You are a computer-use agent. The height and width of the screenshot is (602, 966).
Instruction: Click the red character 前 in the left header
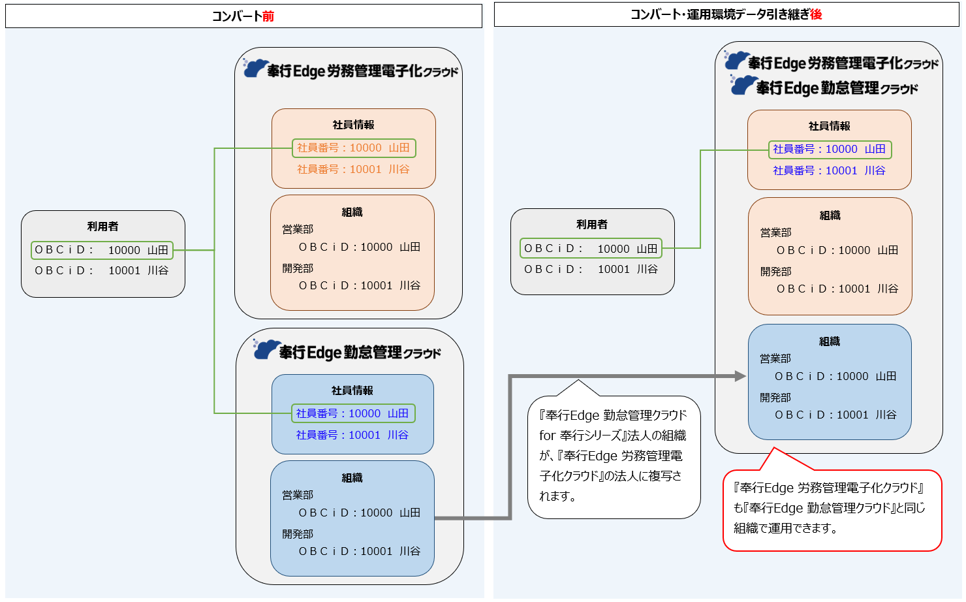(x=268, y=16)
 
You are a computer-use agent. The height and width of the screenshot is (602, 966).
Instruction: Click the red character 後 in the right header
(x=816, y=14)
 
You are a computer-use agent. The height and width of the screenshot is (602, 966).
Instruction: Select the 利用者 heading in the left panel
(x=103, y=227)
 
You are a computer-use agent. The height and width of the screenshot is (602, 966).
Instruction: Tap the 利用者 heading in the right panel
(x=592, y=225)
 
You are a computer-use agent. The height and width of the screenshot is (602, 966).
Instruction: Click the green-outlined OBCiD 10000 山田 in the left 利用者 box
(x=102, y=250)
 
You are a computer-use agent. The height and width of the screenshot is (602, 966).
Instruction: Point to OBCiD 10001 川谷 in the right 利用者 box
(x=591, y=269)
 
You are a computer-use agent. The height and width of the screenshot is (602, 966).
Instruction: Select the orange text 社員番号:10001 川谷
(x=353, y=169)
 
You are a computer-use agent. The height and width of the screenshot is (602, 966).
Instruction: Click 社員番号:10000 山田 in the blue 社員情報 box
(x=352, y=413)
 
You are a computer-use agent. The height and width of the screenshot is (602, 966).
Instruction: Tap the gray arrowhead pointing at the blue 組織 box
(x=740, y=376)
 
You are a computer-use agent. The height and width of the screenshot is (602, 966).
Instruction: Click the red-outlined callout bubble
(x=832, y=509)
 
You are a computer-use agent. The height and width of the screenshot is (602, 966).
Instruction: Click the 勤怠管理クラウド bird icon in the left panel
(x=266, y=349)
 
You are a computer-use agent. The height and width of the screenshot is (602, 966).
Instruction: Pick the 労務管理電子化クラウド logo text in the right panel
(x=843, y=63)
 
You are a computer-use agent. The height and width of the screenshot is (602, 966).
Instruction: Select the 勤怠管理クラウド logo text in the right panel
(x=837, y=88)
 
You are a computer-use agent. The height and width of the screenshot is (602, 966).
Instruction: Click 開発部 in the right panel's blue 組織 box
(x=775, y=397)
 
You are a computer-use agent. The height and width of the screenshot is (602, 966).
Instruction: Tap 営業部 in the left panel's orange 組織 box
(x=298, y=229)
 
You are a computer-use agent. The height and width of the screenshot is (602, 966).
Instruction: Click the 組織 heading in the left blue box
(x=352, y=478)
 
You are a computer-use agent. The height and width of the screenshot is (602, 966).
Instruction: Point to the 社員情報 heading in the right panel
(x=829, y=126)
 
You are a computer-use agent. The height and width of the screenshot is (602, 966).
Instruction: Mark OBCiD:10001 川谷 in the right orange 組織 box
(x=837, y=289)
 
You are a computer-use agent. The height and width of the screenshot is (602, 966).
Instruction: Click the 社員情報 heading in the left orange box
(x=353, y=125)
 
